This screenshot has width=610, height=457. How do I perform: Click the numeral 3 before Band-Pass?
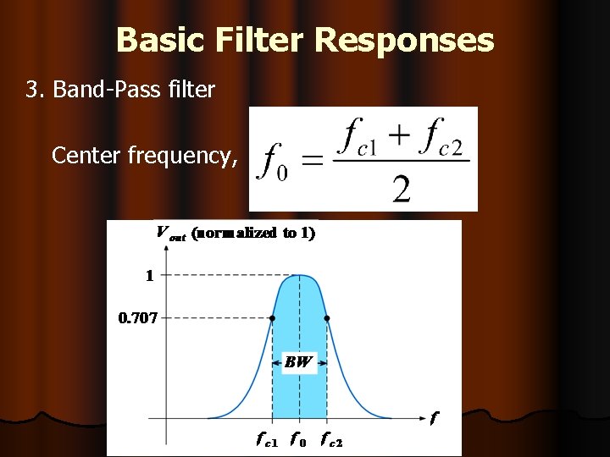pos(33,90)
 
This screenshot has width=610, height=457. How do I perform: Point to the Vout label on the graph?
pos(171,234)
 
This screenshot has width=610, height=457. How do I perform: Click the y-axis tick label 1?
pos(149,275)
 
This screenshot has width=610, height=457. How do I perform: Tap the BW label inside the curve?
pos(298,362)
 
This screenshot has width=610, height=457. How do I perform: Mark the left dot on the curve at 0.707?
pos(272,318)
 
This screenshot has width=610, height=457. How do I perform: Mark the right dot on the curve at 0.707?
pos(327,318)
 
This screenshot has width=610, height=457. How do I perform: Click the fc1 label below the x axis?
pos(265,439)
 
